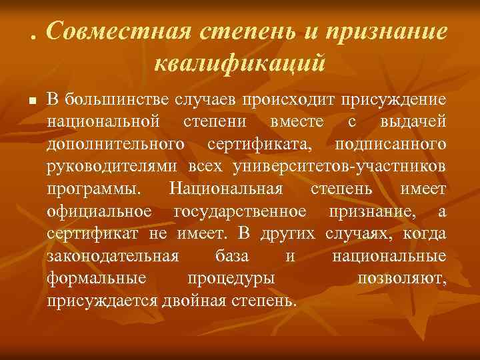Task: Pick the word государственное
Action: pos(240,211)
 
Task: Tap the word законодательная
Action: pos(113,255)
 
